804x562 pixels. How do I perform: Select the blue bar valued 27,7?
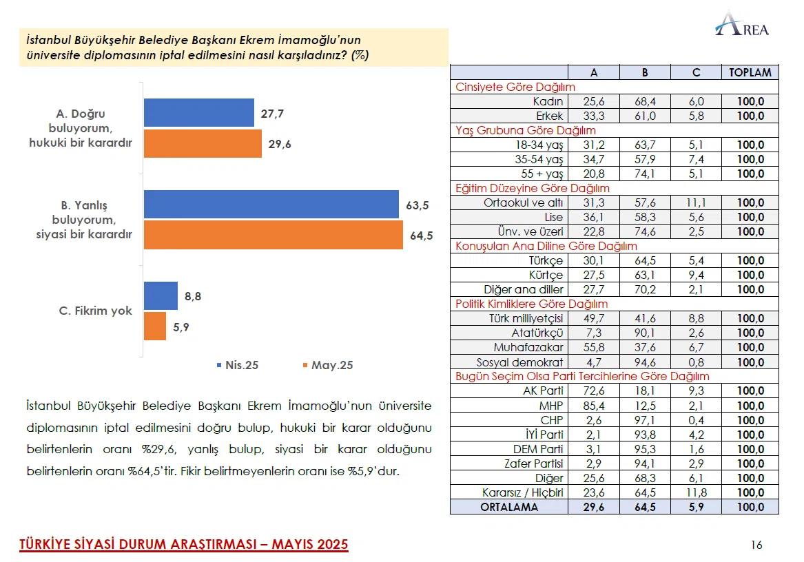[x=198, y=113]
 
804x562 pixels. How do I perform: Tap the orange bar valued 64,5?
[x=273, y=235]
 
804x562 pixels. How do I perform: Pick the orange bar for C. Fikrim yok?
[x=155, y=326]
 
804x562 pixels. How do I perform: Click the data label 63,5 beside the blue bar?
[x=418, y=205]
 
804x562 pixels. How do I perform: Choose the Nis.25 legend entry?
[x=238, y=365]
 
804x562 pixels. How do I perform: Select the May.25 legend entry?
[x=327, y=365]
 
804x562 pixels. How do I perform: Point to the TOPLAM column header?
[x=750, y=72]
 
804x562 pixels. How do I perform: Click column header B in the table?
[x=645, y=72]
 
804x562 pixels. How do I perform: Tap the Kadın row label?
[x=548, y=101]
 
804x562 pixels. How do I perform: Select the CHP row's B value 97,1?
[x=645, y=420]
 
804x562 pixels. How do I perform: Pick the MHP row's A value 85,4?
[x=593, y=406]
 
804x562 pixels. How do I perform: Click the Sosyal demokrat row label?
[x=520, y=362]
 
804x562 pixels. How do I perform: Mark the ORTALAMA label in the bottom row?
[x=509, y=507]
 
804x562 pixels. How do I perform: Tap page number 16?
[x=756, y=545]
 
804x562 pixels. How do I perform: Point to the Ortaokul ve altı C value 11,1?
[x=695, y=202]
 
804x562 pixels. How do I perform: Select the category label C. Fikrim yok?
[x=95, y=311]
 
